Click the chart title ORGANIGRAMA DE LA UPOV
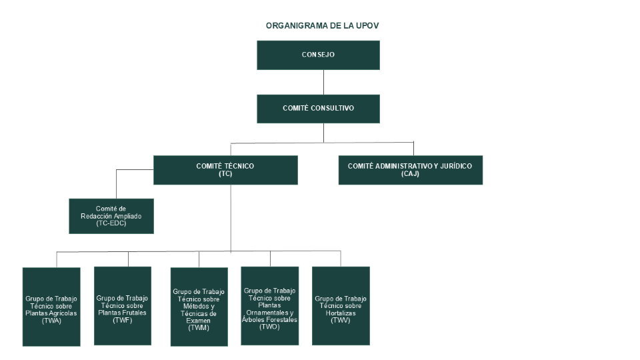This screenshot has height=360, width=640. click(323, 25)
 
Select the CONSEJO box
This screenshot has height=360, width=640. click(318, 55)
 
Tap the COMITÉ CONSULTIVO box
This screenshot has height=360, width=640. click(318, 108)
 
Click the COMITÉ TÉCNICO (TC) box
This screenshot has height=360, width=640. click(225, 170)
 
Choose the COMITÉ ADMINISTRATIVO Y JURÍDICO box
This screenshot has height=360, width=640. click(410, 170)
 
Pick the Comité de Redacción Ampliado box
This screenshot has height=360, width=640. click(111, 216)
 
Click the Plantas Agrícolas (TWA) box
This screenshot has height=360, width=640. click(51, 306)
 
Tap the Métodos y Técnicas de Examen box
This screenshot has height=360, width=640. click(199, 307)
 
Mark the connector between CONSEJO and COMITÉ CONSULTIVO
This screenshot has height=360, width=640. click(323, 82)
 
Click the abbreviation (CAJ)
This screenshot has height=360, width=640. click(410, 174)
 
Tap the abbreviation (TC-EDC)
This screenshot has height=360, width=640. click(111, 223)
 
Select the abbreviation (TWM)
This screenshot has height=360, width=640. click(199, 328)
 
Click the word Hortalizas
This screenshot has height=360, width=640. click(341, 313)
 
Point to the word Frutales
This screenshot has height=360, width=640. click(131, 312)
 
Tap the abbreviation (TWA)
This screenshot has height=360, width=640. click(51, 321)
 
